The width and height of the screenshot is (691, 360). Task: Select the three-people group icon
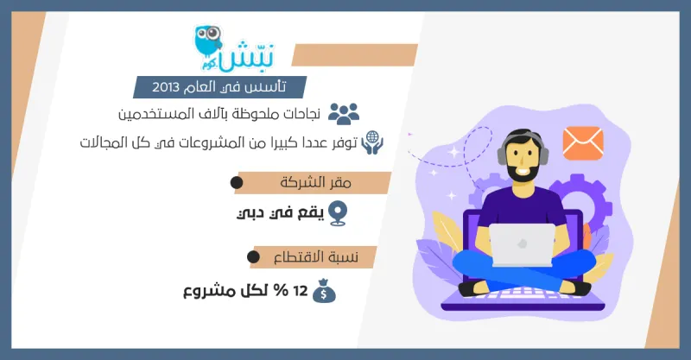coord(344,113)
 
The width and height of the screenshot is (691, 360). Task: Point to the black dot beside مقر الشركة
coord(236,183)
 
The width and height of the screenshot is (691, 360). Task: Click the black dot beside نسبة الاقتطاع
coord(253,257)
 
